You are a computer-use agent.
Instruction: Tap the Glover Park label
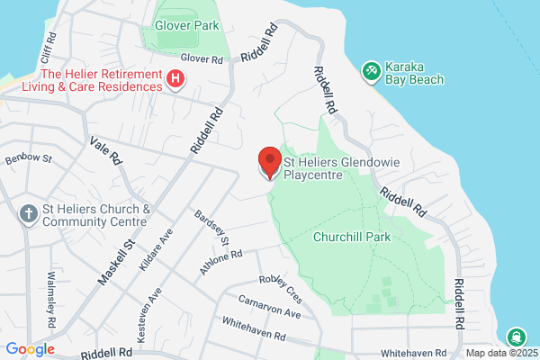[186, 26]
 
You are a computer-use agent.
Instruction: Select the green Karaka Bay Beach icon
[370, 71]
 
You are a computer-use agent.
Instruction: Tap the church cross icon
[29, 215]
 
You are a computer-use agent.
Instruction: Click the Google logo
[30, 349]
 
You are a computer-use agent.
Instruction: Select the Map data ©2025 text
[500, 352]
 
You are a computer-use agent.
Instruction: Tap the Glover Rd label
[201, 58]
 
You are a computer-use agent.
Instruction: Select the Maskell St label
[119, 256]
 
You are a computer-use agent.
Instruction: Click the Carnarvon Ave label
[270, 306]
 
